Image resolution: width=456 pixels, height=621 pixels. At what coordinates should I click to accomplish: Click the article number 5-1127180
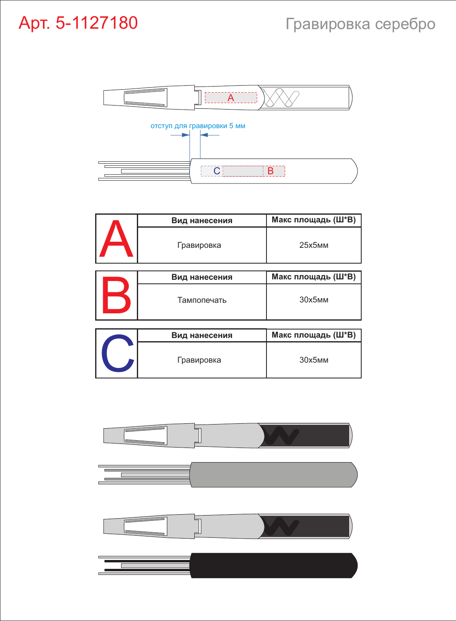tap(97, 23)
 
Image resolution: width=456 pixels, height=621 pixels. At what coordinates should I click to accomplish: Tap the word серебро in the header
tap(405, 24)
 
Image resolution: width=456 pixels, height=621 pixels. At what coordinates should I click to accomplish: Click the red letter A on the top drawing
tap(231, 97)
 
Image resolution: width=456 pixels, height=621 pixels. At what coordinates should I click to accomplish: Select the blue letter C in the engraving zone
tap(217, 171)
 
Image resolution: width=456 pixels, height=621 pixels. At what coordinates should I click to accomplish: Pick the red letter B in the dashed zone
tap(271, 171)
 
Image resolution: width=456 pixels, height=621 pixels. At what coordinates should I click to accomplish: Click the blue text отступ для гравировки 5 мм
tap(198, 126)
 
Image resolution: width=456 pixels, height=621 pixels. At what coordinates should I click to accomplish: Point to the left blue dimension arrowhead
tap(186, 135)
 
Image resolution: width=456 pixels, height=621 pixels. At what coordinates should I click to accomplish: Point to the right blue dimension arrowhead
tap(204, 135)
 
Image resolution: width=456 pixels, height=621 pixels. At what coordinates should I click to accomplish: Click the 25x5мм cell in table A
tap(314, 245)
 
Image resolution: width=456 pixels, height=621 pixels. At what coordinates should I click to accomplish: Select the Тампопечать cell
tap(202, 300)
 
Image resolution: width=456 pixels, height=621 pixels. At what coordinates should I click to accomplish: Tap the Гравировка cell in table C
tap(199, 360)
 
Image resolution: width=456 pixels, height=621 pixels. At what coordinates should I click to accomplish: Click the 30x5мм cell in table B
tap(314, 300)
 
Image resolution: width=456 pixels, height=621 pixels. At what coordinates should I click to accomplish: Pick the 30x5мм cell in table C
tap(314, 360)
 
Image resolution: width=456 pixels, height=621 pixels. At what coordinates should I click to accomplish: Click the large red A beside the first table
tap(116, 239)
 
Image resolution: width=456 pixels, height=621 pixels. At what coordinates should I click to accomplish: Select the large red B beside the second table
tap(116, 295)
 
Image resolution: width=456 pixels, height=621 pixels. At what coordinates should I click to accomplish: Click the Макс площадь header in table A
tap(313, 220)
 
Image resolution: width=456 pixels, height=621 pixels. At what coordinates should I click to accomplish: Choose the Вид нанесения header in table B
tap(202, 277)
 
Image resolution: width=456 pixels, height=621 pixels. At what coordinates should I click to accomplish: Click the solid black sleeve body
tap(273, 566)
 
